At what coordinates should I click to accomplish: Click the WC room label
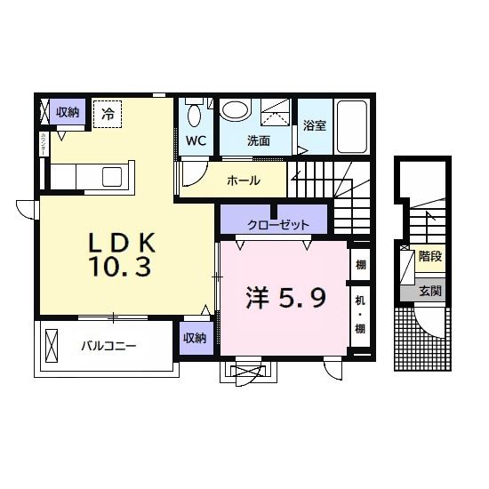point(196,140)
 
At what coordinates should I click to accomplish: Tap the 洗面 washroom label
point(258,140)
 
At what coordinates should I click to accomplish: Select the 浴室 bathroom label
point(315,125)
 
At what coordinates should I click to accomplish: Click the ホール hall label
point(243,180)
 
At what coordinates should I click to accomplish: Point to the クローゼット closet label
point(278,223)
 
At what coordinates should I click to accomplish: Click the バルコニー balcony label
point(108,344)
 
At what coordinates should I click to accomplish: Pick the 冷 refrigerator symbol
point(108,113)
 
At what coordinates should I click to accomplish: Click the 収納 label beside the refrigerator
point(68,112)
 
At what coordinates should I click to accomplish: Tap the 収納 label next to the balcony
point(195,338)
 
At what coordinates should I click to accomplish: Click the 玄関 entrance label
point(430,290)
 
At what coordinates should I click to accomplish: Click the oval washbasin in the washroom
point(236,110)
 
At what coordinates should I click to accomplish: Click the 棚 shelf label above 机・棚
point(360,264)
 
